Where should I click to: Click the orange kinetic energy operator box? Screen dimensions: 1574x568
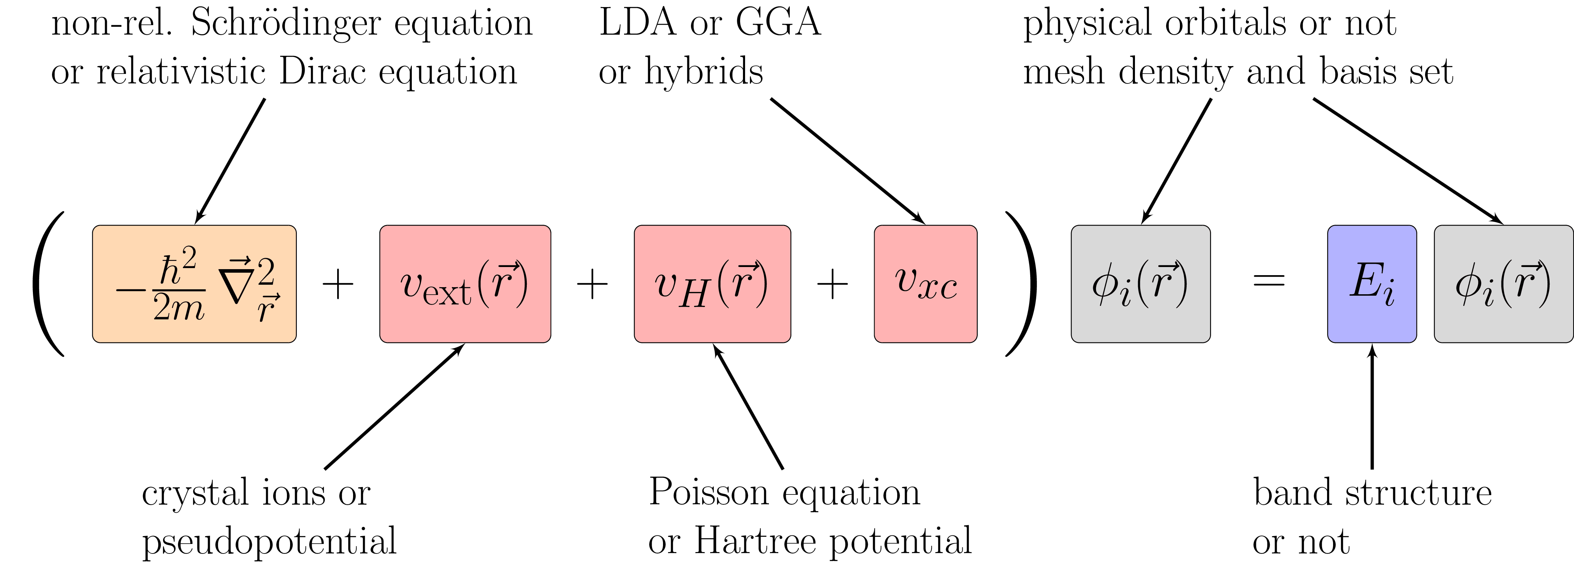click(194, 284)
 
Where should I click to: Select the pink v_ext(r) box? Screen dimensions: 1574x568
click(465, 284)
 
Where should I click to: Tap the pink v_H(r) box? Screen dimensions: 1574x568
click(713, 284)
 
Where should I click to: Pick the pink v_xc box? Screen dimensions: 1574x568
click(926, 284)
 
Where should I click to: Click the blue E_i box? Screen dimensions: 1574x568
click(1372, 284)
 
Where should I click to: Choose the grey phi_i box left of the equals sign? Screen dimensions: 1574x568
click(1140, 284)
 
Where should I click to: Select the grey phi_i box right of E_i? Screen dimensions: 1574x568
click(1503, 284)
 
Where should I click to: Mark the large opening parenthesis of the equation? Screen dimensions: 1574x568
click(48, 284)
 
